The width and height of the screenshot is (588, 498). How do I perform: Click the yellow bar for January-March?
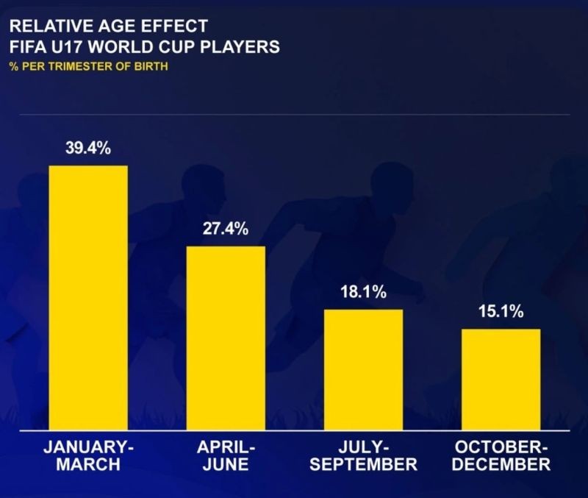pos(88,297)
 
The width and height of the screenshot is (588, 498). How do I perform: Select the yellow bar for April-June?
pos(226,338)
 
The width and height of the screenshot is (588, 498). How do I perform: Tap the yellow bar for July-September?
pos(363,369)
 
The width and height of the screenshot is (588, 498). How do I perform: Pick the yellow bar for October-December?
pos(501,379)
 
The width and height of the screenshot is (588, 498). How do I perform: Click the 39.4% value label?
pos(88,149)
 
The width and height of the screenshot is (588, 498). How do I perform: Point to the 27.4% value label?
pos(226,229)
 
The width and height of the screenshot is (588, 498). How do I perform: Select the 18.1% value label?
pos(363,292)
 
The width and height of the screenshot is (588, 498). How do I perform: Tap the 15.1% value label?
pos(501,312)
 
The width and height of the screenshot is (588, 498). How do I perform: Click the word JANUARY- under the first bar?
pos(88,447)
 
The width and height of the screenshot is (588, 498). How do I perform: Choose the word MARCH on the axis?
pos(88,465)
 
